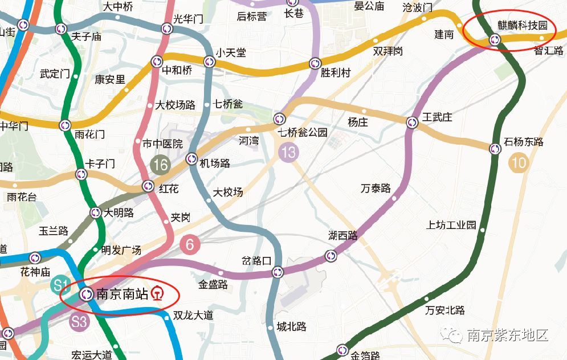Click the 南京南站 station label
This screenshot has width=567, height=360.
(x=122, y=294)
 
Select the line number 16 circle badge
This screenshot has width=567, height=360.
(x=161, y=165)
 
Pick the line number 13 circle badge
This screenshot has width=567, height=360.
(x=289, y=152)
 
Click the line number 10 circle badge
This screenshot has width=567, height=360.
(x=519, y=163)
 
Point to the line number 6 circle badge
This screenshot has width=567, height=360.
(x=190, y=245)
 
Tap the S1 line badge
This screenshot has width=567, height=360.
(x=60, y=284)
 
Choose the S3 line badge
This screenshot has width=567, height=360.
(x=79, y=321)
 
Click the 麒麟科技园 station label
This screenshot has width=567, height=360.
(x=522, y=26)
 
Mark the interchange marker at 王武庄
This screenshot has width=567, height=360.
(x=413, y=122)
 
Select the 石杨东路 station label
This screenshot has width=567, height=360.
(x=524, y=142)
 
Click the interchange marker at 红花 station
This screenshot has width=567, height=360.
(x=148, y=185)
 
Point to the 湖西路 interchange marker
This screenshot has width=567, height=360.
(x=331, y=256)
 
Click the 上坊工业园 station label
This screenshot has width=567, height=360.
(x=451, y=225)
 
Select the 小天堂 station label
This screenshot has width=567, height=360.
(x=231, y=52)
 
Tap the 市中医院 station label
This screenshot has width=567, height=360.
(x=162, y=143)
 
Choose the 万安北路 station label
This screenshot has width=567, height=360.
(x=445, y=310)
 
